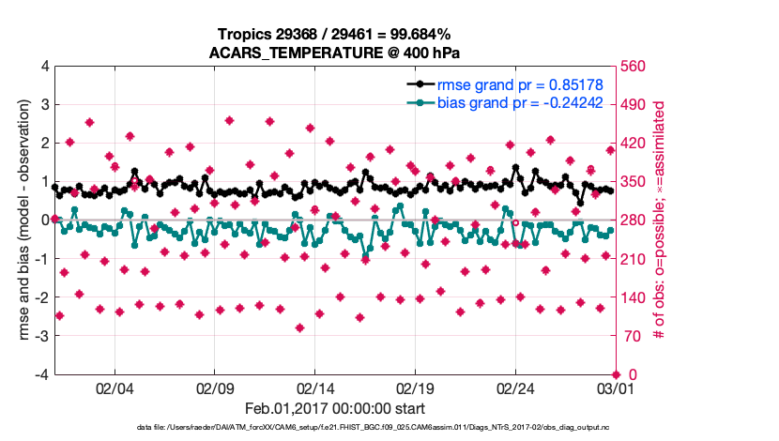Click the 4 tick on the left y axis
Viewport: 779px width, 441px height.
[x=44, y=67]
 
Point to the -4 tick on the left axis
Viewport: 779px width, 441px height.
[x=41, y=374]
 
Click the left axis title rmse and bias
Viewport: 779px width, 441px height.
[x=18, y=220]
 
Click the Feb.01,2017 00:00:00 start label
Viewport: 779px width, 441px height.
[x=335, y=409]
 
